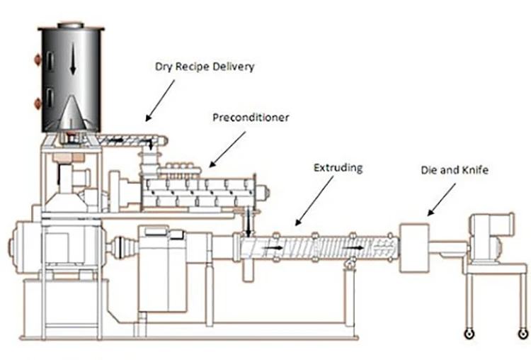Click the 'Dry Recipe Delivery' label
205,67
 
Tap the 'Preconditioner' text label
251,118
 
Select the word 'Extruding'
338,168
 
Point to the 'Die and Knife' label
455,170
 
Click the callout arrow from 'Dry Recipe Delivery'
160,101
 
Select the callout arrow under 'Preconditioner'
227,150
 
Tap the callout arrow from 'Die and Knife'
441,200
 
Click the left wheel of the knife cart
469,334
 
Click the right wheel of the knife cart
523,334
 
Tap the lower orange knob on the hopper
37,103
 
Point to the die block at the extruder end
414,248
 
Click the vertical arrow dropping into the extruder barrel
249,223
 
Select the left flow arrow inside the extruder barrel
273,248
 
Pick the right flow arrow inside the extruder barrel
353,248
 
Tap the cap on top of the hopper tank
70,26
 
